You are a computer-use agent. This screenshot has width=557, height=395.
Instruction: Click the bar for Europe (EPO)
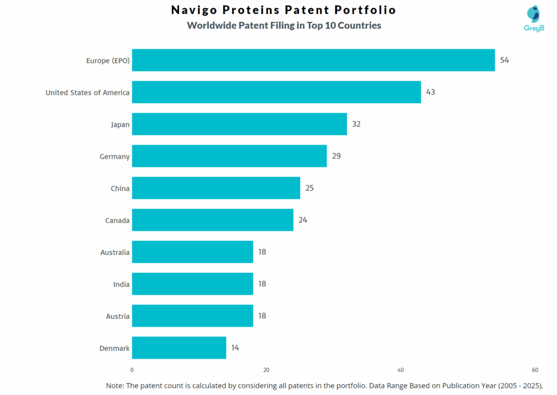pyautogui.click(x=313, y=60)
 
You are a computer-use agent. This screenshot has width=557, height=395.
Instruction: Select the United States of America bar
pyautogui.click(x=276, y=92)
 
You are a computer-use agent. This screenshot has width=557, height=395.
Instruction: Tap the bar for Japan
pyautogui.click(x=239, y=124)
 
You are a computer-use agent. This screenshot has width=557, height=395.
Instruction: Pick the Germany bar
pyautogui.click(x=229, y=156)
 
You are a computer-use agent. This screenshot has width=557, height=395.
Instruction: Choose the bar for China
pyautogui.click(x=216, y=188)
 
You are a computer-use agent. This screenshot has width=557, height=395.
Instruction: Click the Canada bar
pyautogui.click(x=213, y=220)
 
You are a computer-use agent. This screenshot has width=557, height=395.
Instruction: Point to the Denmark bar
pyautogui.click(x=179, y=348)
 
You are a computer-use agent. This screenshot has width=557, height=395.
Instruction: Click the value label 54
pyautogui.click(x=505, y=60)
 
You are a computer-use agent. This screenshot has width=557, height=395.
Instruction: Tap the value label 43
pyautogui.click(x=430, y=92)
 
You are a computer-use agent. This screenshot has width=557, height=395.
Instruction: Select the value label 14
pyautogui.click(x=235, y=348)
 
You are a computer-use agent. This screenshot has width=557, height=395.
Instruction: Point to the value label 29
pyautogui.click(x=336, y=156)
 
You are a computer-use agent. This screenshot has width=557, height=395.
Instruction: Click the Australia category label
pyautogui.click(x=115, y=252)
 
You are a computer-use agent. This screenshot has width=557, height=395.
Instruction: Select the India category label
pyautogui.click(x=121, y=284)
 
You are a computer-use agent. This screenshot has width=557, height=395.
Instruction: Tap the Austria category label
pyautogui.click(x=117, y=316)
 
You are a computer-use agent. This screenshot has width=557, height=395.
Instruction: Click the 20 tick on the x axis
pyautogui.click(x=267, y=370)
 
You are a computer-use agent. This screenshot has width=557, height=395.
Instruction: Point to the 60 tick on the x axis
pyautogui.click(x=535, y=370)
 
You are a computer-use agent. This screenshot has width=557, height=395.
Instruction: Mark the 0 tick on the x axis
pyautogui.click(x=132, y=370)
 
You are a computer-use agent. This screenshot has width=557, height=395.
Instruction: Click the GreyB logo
pyautogui.click(x=534, y=18)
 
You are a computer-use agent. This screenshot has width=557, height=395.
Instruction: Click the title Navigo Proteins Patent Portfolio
pyautogui.click(x=283, y=10)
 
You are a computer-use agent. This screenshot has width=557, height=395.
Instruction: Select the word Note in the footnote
pyautogui.click(x=115, y=385)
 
